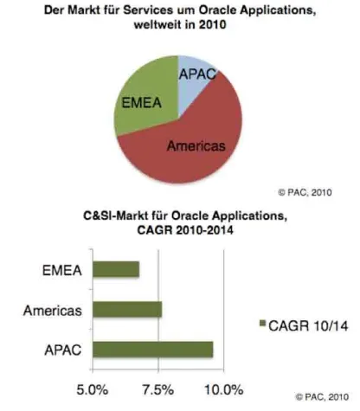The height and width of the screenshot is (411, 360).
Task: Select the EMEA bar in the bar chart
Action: pyautogui.click(x=115, y=269)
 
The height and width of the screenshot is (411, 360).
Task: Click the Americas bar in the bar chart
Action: pyautogui.click(x=126, y=310)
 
